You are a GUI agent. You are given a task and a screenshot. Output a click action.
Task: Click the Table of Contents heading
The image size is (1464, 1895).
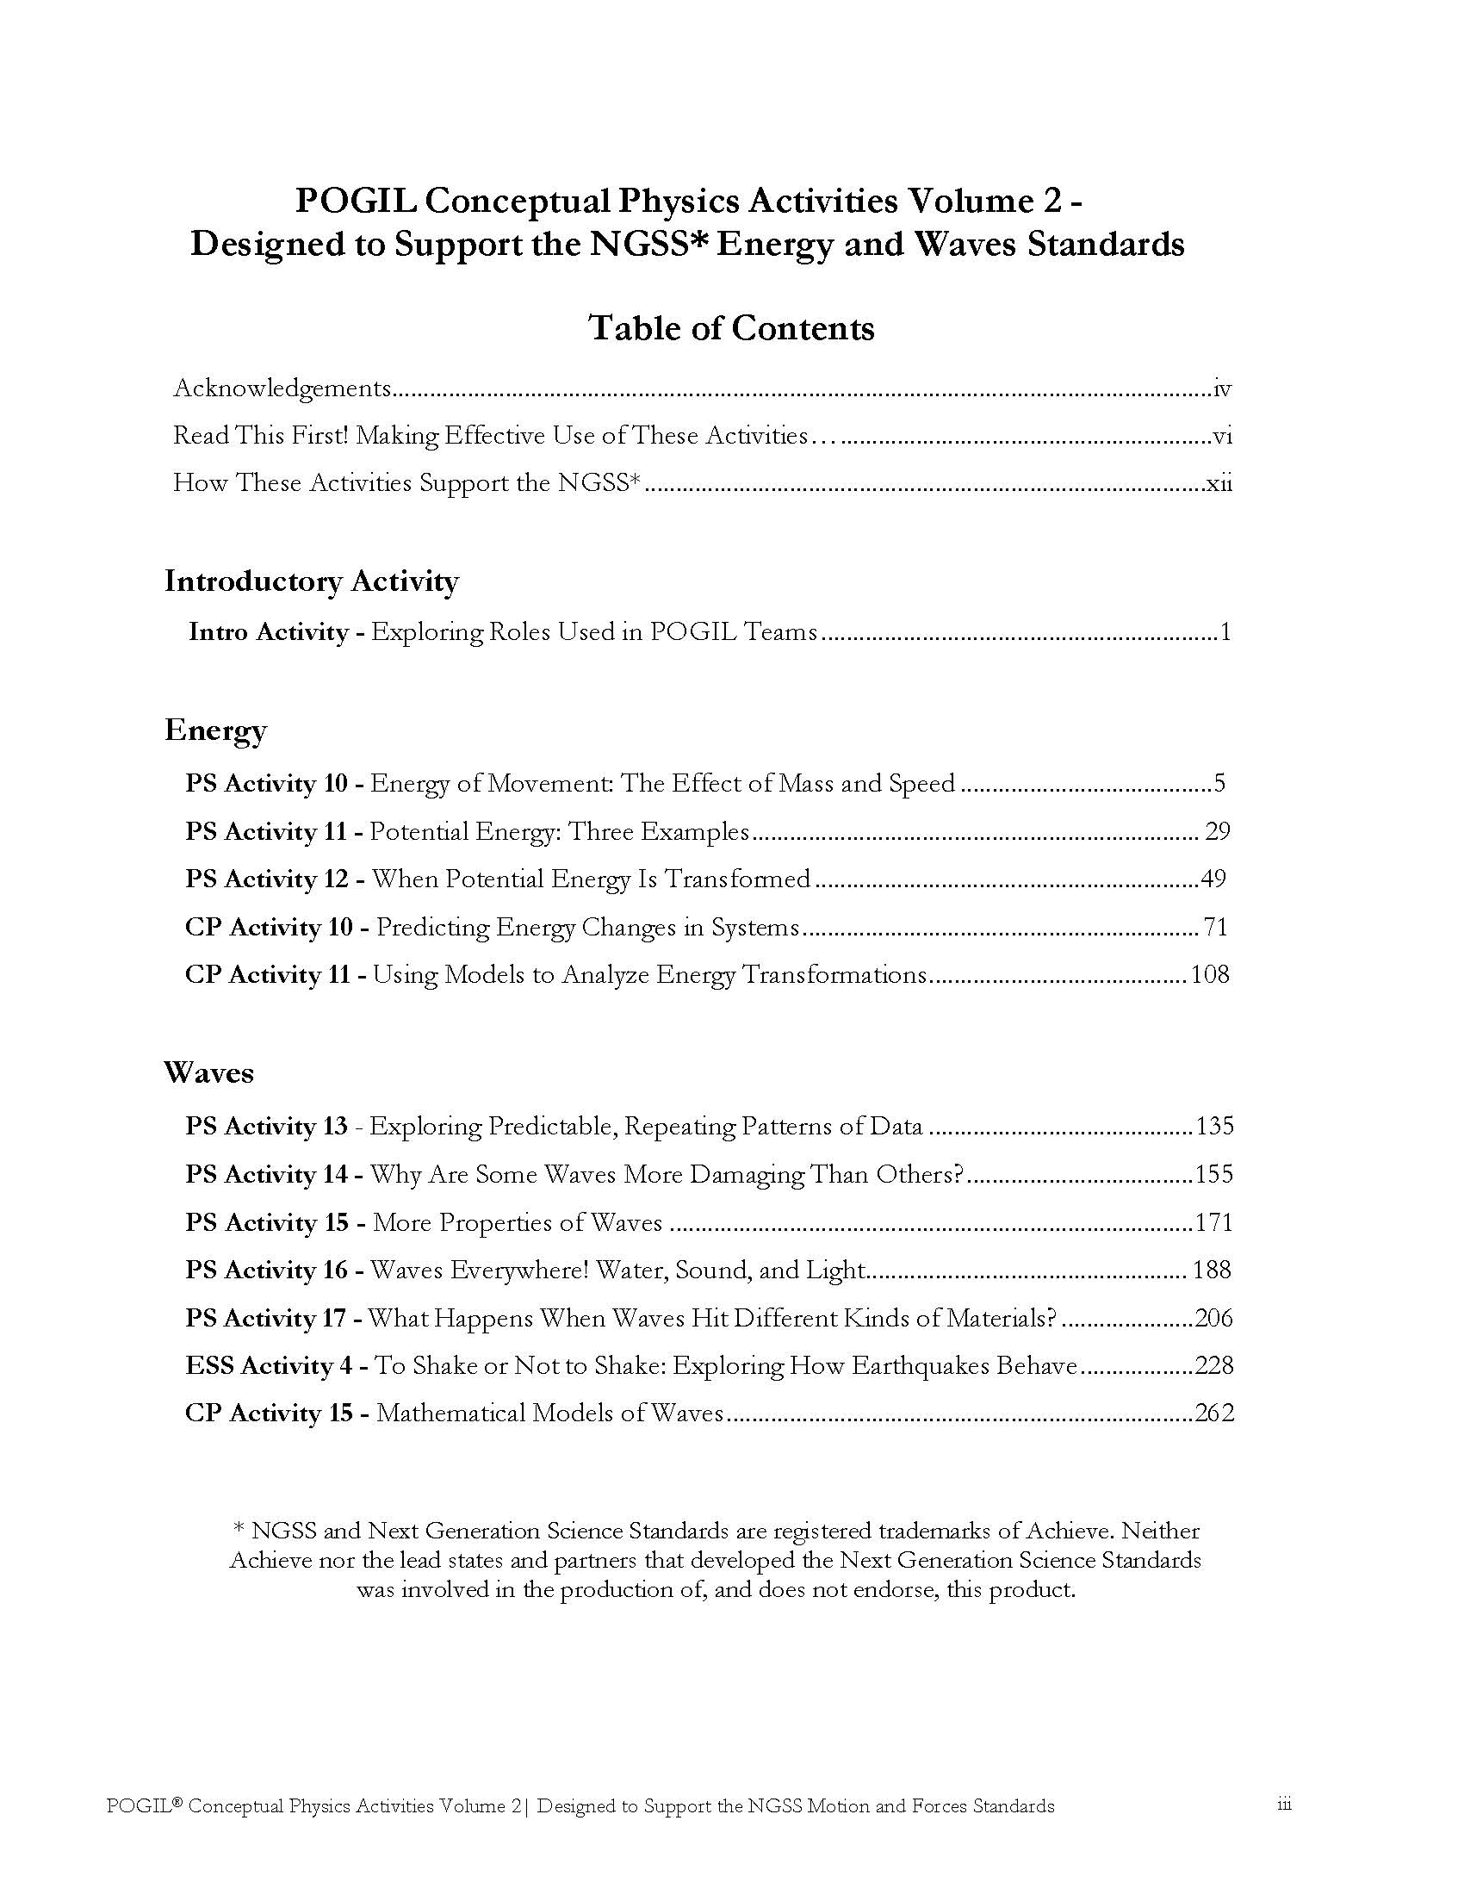pos(731,328)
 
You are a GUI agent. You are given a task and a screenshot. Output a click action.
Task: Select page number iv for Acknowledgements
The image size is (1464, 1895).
pos(1222,388)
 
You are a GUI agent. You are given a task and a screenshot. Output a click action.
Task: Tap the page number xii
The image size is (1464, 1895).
pos(1219,483)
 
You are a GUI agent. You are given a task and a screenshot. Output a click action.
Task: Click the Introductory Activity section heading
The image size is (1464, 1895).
pos(312,581)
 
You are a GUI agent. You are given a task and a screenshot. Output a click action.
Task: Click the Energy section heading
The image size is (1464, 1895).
pos(215,730)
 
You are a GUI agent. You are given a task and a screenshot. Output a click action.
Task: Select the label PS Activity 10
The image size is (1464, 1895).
pos(266,784)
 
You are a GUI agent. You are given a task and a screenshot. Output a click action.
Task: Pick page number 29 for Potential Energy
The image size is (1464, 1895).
pos(1217,832)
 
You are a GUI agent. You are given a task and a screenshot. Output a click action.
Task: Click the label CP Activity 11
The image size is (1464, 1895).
pos(267,975)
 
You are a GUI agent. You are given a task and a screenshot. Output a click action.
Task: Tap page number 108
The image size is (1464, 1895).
pos(1210,975)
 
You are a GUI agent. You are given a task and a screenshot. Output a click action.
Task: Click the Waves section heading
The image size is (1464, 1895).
pos(208,1073)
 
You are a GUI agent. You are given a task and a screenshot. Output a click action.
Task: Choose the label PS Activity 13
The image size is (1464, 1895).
pos(266,1128)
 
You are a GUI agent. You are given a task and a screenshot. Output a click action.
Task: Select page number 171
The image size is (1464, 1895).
pos(1213,1223)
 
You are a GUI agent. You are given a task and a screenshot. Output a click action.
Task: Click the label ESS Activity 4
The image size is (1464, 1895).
pos(269,1367)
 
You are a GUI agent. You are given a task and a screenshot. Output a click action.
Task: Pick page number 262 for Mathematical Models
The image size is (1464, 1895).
pos(1214,1413)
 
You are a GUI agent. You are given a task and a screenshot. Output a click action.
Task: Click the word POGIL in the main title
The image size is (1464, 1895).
pos(356,202)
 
